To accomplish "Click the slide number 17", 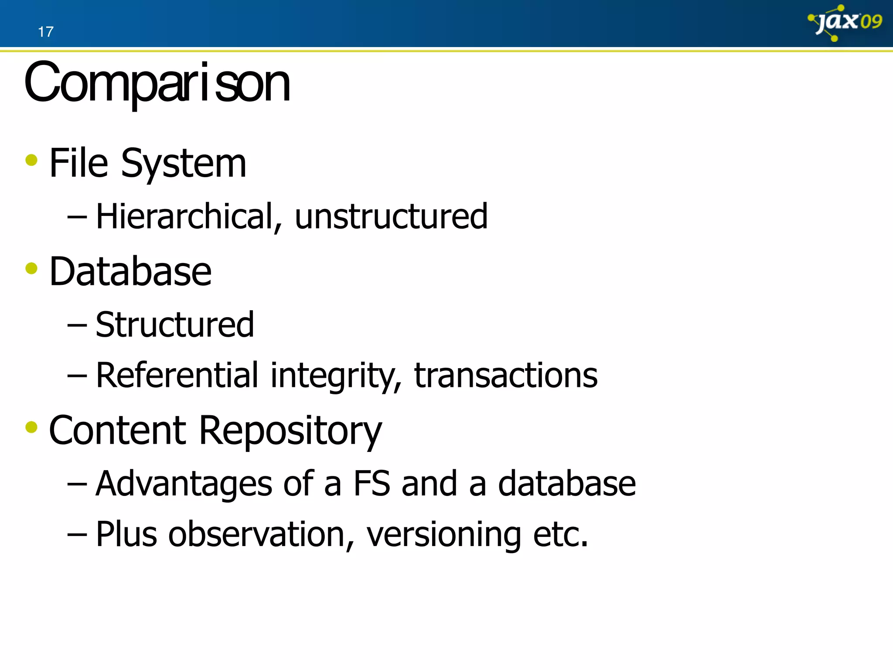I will pos(45,32).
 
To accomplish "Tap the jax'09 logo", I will pos(844,23).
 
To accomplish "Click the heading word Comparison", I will pos(157,83).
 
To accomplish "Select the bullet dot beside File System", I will pos(31,160).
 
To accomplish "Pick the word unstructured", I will pos(391,216).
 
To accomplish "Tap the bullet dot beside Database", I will pos(31,268).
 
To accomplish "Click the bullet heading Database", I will pos(130,272).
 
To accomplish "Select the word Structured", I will pos(174,325).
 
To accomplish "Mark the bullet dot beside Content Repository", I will pos(31,427).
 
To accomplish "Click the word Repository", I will pos(290,431).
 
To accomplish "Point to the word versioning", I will pos(443,535).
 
